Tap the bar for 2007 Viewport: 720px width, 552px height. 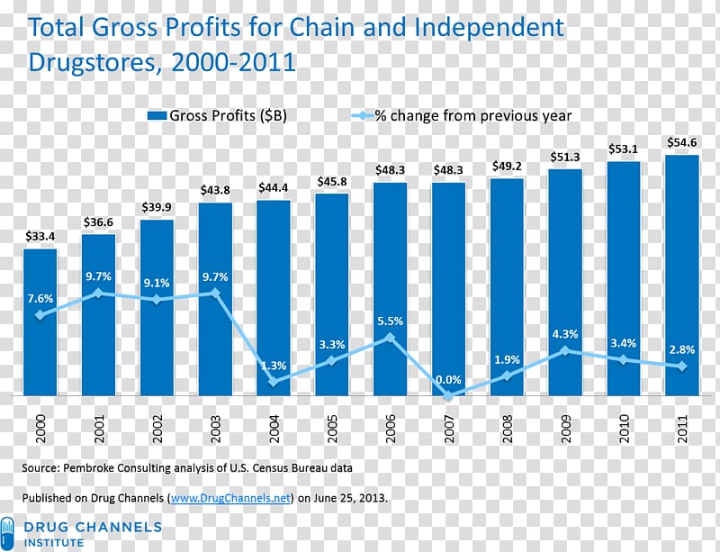click(448, 288)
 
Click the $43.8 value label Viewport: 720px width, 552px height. click(215, 190)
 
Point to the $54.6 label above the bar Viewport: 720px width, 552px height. click(681, 142)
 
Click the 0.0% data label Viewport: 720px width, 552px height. click(448, 380)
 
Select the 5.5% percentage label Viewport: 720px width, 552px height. click(390, 321)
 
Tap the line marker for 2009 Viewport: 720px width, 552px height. click(565, 350)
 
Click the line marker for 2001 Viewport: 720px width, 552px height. click(98, 293)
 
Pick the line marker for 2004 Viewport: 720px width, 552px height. click(274, 382)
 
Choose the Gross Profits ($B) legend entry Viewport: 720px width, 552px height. click(217, 115)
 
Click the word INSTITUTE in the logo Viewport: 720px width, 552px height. click(53, 543)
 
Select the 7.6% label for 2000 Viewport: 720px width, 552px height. click(40, 298)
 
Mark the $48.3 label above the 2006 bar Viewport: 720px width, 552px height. click(390, 169)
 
